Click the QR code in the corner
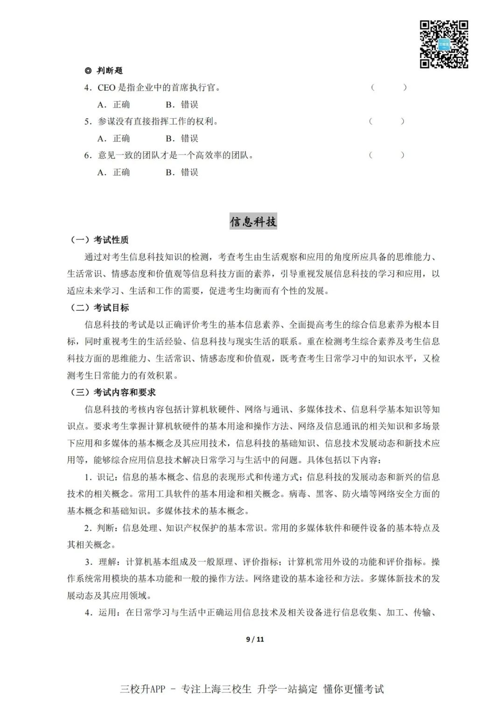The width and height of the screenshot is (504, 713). pos(444,44)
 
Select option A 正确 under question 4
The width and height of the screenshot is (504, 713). pos(114,105)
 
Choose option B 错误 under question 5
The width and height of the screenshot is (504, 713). pos(182,139)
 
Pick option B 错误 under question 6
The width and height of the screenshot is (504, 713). pos(182,172)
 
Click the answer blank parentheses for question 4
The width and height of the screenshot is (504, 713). pos(389,87)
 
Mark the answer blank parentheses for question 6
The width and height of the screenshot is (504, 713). pos(387,155)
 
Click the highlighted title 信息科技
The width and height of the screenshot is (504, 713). pos(253,221)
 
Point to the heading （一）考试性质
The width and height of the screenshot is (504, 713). pos(99,240)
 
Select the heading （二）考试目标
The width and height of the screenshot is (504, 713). pos(99,308)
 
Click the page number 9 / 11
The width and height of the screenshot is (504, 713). pos(255,639)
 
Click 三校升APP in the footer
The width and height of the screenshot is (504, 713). pos(143,689)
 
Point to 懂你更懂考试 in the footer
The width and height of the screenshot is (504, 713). pos(354,689)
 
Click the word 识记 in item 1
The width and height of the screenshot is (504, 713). pos(105,477)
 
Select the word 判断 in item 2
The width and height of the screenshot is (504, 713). pos(105,528)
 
